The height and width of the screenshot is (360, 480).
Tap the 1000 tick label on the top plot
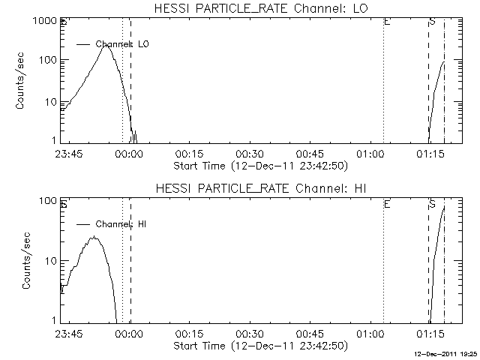pyautogui.click(x=42, y=22)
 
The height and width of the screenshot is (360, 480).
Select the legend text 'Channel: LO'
pyautogui.click(x=123, y=45)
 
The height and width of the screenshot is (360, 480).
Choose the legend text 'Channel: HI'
pyautogui.click(x=122, y=224)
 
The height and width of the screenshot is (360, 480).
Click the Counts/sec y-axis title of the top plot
pyautogui.click(x=22, y=81)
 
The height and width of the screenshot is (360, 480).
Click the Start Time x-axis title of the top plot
pyautogui.click(x=259, y=165)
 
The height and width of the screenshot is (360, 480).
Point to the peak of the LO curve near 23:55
pyautogui.click(x=106, y=46)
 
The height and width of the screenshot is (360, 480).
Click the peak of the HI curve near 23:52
pyautogui.click(x=94, y=237)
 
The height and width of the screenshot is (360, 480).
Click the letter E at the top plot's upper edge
pyautogui.click(x=386, y=22)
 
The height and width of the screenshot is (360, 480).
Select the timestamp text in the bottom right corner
pyautogui.click(x=446, y=353)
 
